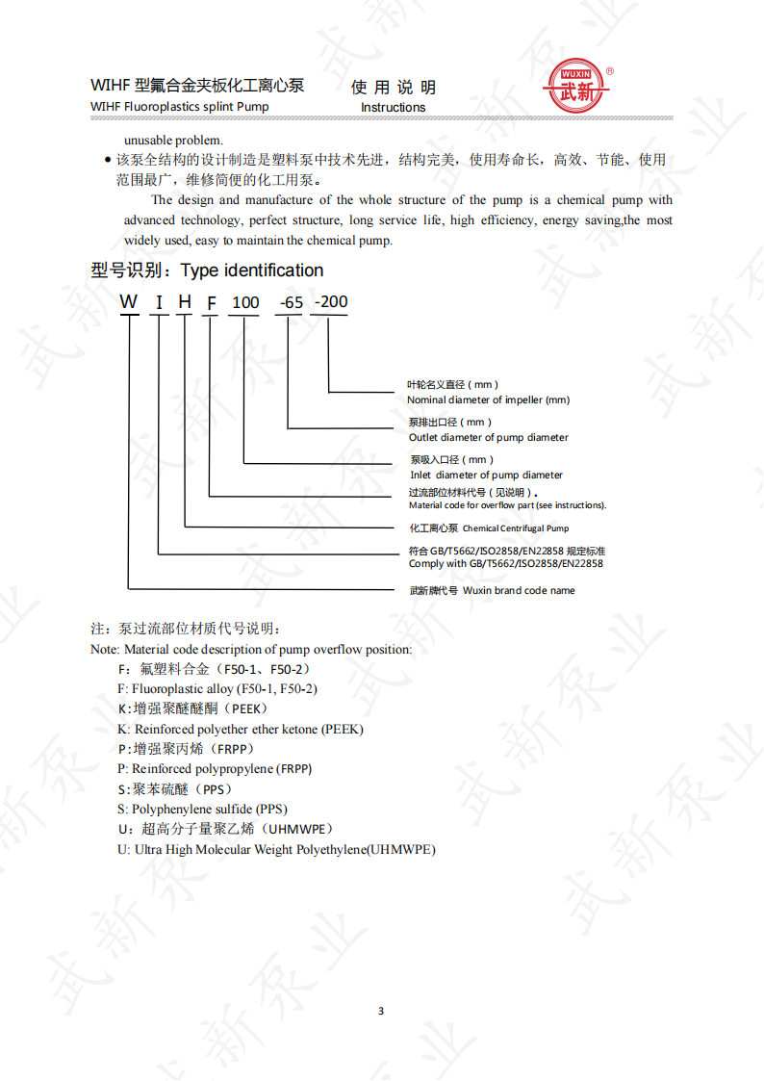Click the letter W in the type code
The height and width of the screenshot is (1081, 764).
tap(129, 302)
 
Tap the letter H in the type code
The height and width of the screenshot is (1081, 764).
tap(185, 302)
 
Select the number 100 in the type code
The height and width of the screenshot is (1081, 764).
tap(245, 302)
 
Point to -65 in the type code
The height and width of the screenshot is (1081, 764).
tap(290, 302)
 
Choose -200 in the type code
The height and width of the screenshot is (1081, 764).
tap(331, 301)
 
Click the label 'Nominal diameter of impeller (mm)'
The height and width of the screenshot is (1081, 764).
tap(488, 399)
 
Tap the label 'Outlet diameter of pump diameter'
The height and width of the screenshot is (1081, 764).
tap(489, 437)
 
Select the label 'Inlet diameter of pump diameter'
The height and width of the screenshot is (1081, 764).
tap(486, 475)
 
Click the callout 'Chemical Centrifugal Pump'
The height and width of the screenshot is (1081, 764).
tap(516, 528)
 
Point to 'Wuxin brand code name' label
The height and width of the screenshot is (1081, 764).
tap(519, 590)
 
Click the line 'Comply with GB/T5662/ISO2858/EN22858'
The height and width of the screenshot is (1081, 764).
tap(505, 563)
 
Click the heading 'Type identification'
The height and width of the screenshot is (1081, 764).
tap(252, 270)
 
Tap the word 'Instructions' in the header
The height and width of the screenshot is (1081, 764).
tap(393, 107)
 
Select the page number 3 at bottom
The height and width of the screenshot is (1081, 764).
tap(381, 1011)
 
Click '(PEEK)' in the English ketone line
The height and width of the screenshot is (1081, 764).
tap(342, 729)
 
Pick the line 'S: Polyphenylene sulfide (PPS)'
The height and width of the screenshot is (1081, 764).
tap(202, 809)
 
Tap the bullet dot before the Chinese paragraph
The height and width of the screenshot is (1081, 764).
tap(107, 161)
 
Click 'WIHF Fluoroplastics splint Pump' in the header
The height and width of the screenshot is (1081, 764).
tap(180, 106)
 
